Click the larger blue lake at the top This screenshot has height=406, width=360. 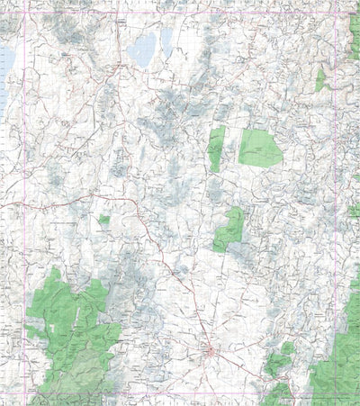pos(141,51)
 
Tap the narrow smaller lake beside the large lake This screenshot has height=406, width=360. pos(166,40)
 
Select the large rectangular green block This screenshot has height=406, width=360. pos(260,148)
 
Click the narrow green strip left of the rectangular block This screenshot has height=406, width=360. pos(216,149)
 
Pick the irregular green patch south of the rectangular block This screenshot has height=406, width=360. pos(229,230)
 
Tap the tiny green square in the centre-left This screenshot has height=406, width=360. pos(104,220)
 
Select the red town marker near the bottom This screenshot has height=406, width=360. pos(209,351)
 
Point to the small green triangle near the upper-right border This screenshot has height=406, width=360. pos(320,81)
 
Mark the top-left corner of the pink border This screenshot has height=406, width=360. pos(25,12)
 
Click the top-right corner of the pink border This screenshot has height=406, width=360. pos(337,12)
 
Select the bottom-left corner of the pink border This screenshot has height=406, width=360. pos(25,396)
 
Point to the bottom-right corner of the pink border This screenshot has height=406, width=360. pos(337,396)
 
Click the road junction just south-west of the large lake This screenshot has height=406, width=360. pos(120,68)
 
